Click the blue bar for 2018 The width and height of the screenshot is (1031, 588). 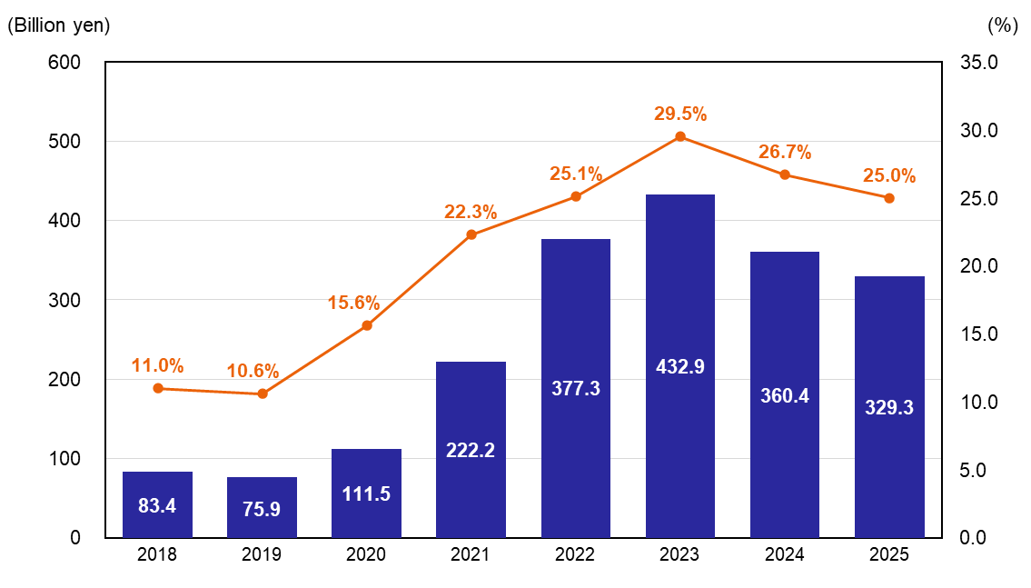tap(157, 504)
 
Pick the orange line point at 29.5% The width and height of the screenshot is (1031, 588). tap(680, 136)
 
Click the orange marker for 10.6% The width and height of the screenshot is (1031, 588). tap(263, 394)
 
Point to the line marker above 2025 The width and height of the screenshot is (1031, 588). tap(889, 198)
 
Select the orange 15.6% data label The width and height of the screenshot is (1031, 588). tap(354, 304)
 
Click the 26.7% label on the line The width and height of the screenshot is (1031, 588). tap(785, 152)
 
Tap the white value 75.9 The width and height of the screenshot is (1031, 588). tap(263, 509)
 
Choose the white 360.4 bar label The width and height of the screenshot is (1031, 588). tap(785, 395)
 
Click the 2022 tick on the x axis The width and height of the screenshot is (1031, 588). tap(576, 555)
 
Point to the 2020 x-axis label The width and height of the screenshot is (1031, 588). tap(366, 555)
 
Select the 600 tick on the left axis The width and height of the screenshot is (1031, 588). tap(64, 63)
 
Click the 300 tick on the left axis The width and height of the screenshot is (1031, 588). tap(64, 300)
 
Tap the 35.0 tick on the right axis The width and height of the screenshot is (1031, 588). tap(979, 63)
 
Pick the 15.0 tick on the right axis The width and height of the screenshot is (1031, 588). tap(979, 334)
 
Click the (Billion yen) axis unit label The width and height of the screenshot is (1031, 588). tap(58, 25)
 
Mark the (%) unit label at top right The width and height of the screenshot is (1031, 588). tap(1002, 25)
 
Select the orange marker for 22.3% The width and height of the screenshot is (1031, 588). tap(471, 234)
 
